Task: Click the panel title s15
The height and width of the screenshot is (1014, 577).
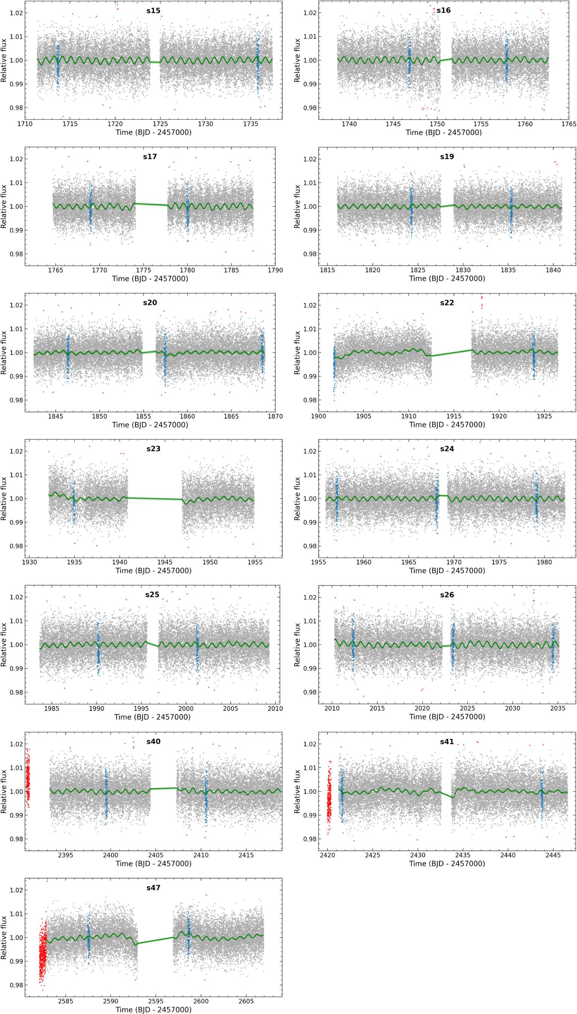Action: [153, 11]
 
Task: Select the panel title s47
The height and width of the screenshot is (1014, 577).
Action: [153, 888]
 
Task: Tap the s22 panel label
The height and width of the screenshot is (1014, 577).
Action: [447, 303]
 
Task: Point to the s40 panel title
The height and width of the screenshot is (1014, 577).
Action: [153, 741]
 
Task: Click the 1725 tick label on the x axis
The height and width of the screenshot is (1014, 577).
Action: [160, 124]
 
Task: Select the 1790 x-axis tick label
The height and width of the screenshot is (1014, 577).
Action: [275, 270]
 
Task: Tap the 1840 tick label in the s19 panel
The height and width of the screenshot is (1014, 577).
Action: [553, 270]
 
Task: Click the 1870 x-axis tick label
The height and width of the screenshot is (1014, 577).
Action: [275, 416]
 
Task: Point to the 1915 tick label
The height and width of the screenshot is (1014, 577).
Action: [454, 416]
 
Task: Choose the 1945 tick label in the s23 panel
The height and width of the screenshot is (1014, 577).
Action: [165, 562]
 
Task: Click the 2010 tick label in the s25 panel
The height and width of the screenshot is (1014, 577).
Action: [275, 709]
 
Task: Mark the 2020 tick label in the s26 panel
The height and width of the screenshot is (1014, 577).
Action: [422, 708]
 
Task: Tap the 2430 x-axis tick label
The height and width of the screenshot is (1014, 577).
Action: [418, 855]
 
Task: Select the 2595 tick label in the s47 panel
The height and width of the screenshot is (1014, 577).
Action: [156, 1001]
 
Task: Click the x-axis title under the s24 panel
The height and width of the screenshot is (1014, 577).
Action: [447, 571]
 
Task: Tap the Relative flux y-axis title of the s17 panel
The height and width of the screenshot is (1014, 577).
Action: [4, 206]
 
